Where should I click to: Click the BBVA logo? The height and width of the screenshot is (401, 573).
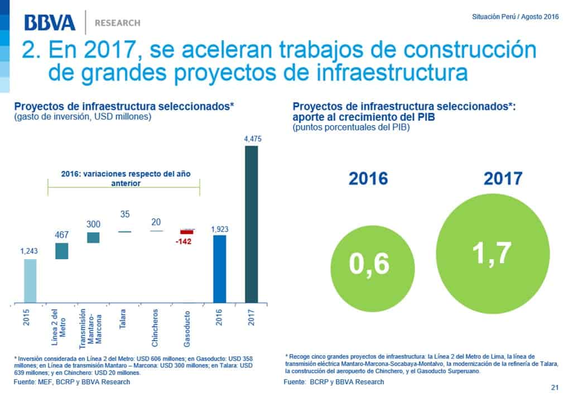point(50,23)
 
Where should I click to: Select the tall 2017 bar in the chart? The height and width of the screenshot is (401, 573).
point(252,225)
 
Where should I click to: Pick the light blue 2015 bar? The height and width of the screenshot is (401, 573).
point(30,281)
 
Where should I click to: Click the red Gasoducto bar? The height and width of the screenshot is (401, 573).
point(186,231)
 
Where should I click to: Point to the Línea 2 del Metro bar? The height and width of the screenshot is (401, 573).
point(61,251)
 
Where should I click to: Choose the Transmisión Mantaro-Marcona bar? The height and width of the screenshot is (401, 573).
point(93,237)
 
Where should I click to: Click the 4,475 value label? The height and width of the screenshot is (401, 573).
point(252,139)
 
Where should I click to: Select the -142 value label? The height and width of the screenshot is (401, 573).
point(183,241)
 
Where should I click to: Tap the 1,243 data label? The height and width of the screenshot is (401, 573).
point(30,252)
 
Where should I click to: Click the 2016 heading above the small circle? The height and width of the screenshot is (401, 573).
point(368,179)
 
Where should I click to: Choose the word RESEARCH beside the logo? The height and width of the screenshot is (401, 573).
point(117,23)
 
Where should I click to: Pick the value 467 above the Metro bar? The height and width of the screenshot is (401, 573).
point(61,235)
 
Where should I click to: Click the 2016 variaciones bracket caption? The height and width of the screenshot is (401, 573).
point(123,178)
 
